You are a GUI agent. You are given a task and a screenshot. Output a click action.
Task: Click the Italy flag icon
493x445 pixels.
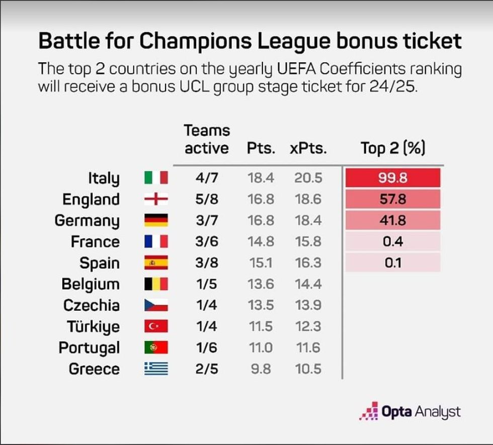(156, 178)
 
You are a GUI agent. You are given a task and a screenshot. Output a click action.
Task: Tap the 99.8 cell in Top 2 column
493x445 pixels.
(393, 178)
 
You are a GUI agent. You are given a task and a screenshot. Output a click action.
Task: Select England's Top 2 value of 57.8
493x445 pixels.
(393, 199)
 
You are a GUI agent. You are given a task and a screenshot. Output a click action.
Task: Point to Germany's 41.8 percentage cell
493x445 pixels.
(393, 220)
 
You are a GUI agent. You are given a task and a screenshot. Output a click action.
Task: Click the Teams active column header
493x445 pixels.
(206, 139)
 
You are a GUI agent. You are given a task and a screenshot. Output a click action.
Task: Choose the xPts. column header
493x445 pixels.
(308, 148)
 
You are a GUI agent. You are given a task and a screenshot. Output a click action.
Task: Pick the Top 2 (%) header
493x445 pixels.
(393, 148)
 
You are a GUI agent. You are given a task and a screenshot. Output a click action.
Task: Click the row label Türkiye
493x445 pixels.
(94, 326)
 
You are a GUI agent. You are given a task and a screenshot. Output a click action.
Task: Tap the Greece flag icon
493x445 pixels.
(156, 369)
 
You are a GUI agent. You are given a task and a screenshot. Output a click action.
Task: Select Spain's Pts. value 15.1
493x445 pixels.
(261, 263)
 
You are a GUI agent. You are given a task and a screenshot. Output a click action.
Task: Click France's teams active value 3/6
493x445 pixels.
(206, 242)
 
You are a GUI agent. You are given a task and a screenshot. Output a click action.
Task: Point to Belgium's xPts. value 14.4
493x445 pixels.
(308, 284)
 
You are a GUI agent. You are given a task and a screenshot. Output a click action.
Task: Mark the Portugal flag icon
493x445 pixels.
(156, 347)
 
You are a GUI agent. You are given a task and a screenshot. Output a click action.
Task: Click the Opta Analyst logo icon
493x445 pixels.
(368, 411)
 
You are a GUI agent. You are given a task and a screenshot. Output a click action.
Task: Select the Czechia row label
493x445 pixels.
(92, 305)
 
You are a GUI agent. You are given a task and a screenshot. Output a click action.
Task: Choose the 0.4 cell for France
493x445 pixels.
(393, 242)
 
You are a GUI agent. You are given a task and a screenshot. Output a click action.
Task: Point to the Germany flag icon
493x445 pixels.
(156, 220)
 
